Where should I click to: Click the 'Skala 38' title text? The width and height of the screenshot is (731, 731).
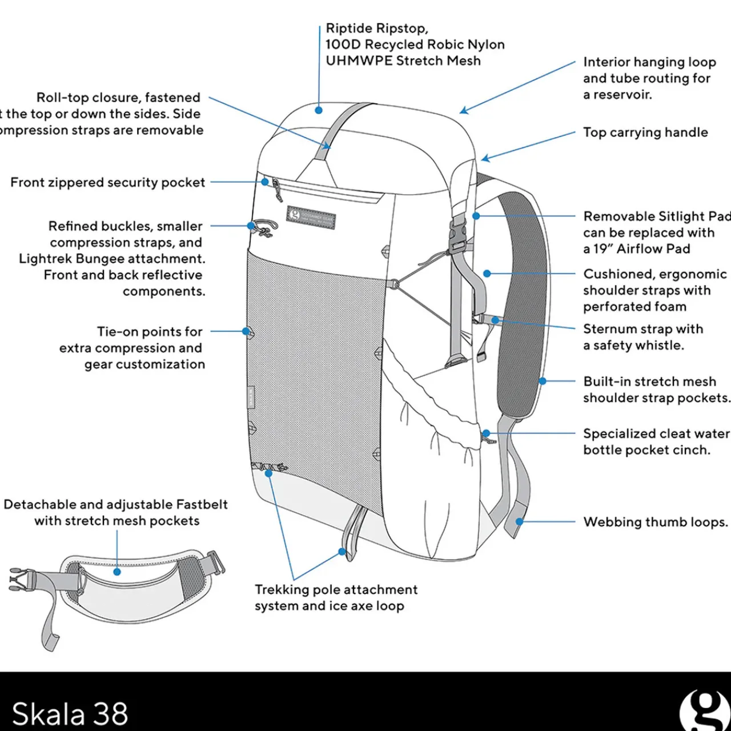pyautogui.click(x=70, y=713)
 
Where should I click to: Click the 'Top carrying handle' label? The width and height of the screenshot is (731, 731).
pyautogui.click(x=645, y=132)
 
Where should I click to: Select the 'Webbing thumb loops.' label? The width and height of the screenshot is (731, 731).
pyautogui.click(x=655, y=522)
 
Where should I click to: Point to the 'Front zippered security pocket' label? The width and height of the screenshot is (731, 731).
pyautogui.click(x=107, y=182)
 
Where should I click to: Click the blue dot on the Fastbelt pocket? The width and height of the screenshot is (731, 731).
pyautogui.click(x=117, y=571)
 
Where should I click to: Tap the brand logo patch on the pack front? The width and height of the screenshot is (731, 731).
pyautogui.click(x=311, y=218)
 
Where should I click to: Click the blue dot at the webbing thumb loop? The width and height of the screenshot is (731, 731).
pyautogui.click(x=519, y=521)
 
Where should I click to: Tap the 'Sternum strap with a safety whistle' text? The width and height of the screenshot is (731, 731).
pyautogui.click(x=642, y=337)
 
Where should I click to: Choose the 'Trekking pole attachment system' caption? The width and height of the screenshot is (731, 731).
pyautogui.click(x=336, y=597)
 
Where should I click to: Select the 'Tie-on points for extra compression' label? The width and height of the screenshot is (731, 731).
pyautogui.click(x=132, y=348)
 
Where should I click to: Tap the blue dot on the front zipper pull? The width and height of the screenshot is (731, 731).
pyautogui.click(x=265, y=182)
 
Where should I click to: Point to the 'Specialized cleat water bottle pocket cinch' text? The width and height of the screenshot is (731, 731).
pyautogui.click(x=656, y=441)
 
